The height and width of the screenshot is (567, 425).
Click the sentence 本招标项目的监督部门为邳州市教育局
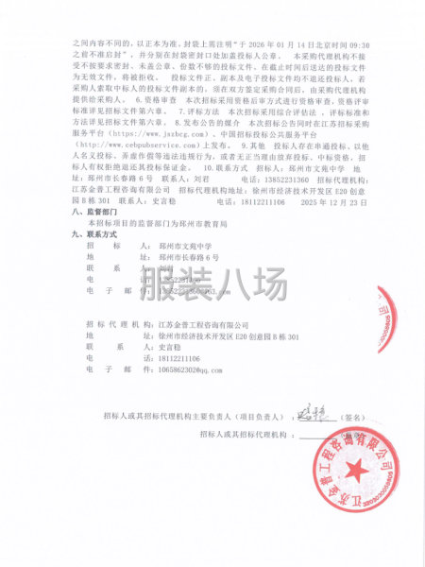(150, 223)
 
